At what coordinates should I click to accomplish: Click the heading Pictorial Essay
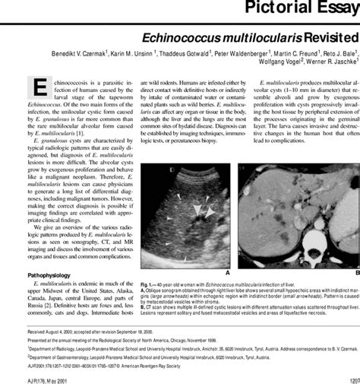tap(304, 8)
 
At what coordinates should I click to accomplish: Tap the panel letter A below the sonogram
tap(227, 271)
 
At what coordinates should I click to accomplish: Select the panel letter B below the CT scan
tap(356, 271)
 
